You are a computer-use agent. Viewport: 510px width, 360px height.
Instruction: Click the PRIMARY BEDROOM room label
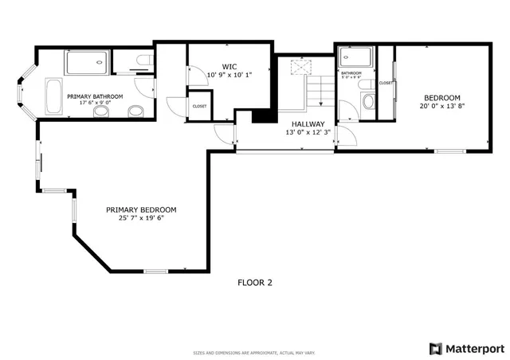(141, 209)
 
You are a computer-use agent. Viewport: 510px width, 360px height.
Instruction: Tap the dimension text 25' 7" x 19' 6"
(141, 218)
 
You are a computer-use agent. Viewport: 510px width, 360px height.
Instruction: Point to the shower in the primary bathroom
(87, 61)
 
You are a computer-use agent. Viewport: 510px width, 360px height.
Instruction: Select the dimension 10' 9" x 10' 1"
(229, 76)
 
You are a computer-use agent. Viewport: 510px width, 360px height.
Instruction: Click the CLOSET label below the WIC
(199, 106)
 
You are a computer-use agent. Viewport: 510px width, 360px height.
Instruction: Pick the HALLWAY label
(307, 123)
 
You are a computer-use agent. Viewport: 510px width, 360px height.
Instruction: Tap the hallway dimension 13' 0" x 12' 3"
(307, 132)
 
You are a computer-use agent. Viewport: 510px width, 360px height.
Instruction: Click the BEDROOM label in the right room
(441, 97)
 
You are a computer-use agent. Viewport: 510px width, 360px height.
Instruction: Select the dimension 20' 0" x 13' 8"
(441, 106)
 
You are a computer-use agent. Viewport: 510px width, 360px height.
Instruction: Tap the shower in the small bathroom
(355, 59)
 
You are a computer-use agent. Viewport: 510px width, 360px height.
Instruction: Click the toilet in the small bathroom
(368, 100)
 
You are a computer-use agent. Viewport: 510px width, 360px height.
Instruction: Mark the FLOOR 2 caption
(255, 282)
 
